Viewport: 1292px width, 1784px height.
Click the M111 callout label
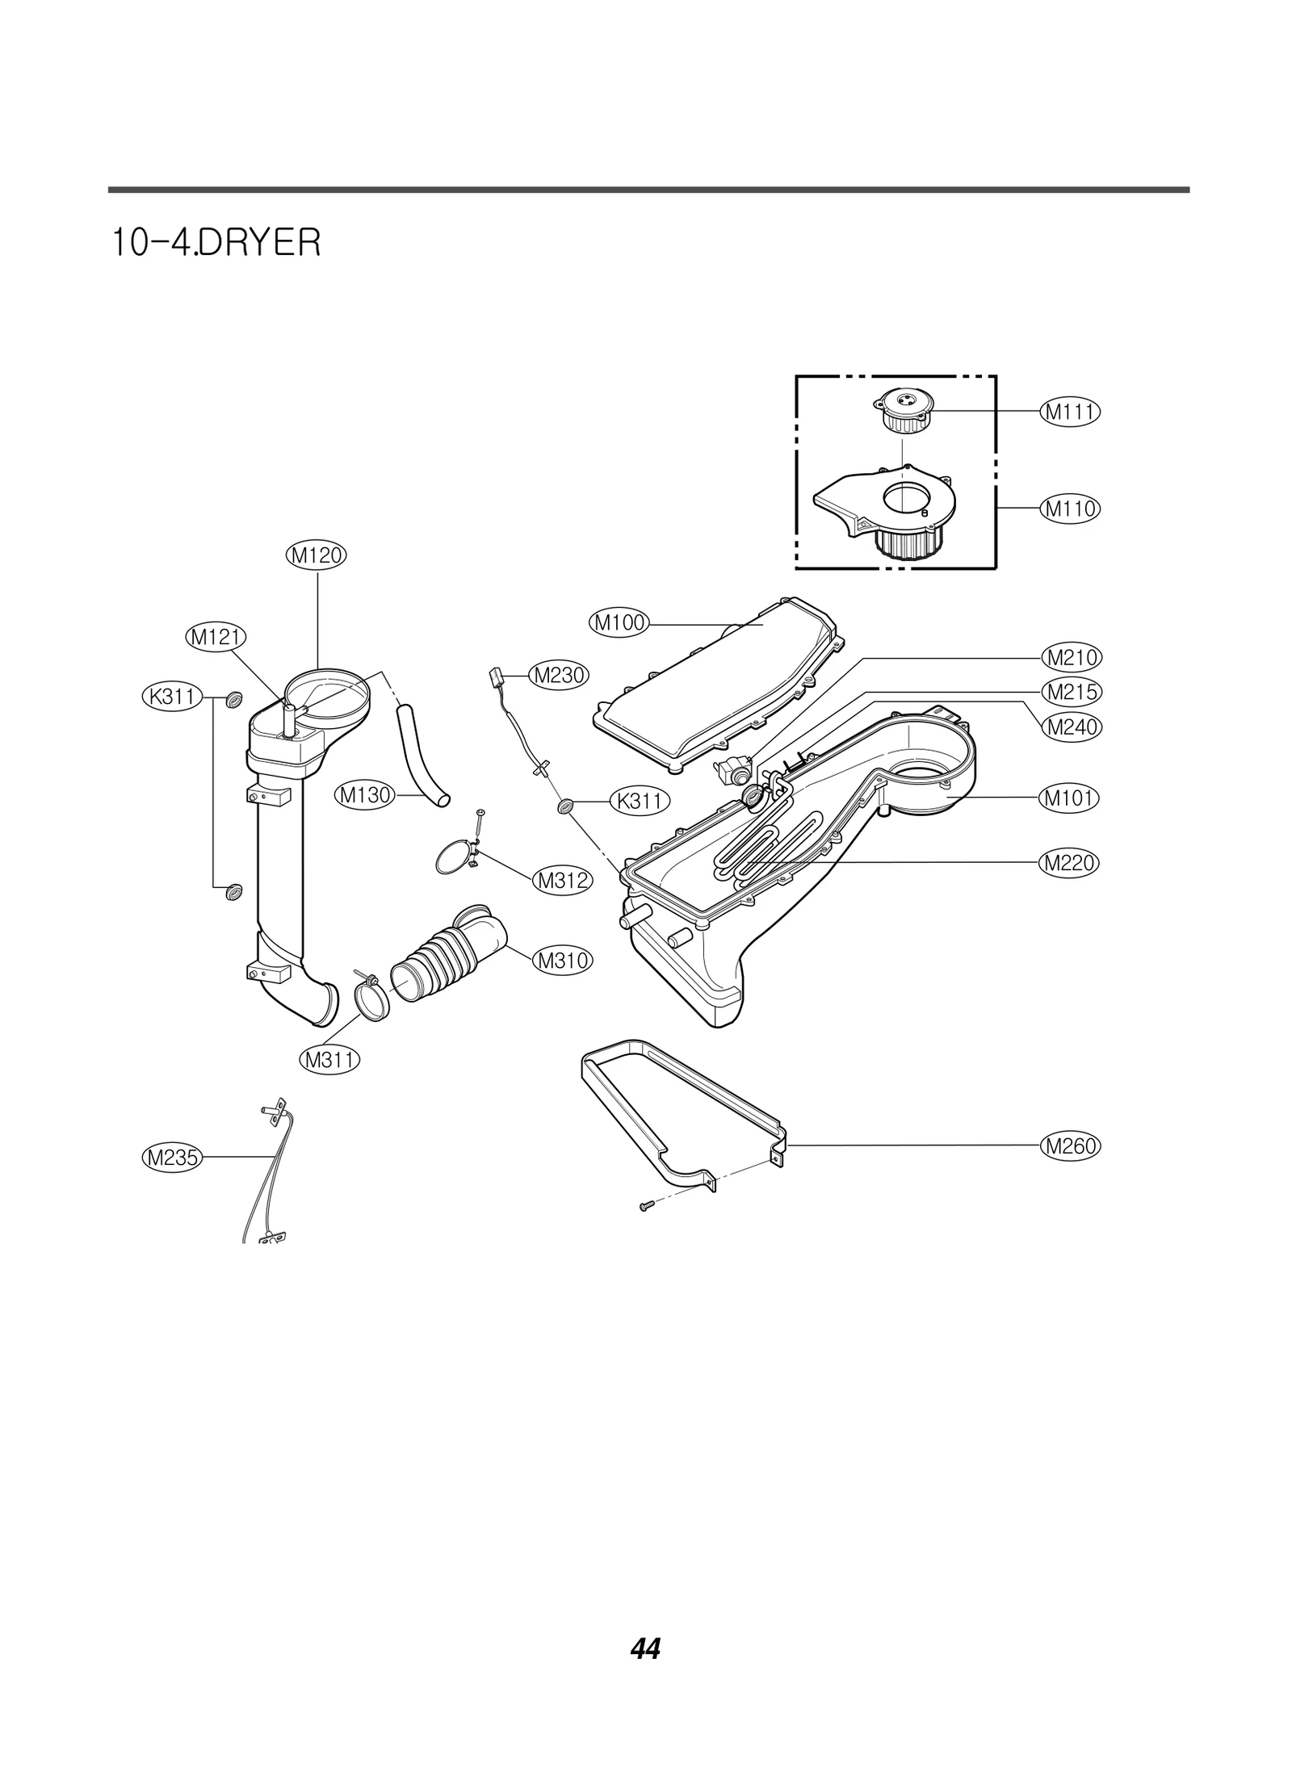[x=1070, y=412]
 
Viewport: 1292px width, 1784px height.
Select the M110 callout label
[x=1070, y=509]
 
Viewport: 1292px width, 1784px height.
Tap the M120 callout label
[x=317, y=555]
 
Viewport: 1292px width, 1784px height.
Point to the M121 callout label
[x=216, y=637]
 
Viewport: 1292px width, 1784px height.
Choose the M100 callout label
[x=619, y=623]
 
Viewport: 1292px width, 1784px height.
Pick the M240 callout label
[x=1070, y=727]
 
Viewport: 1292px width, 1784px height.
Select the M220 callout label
[x=1070, y=863]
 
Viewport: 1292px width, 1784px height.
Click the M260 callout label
[x=1070, y=1145]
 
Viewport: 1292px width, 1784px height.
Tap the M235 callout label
[x=171, y=1158]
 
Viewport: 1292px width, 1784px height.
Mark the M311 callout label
[x=329, y=1058]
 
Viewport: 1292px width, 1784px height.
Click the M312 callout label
[x=562, y=881]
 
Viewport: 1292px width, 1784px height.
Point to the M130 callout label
[x=364, y=795]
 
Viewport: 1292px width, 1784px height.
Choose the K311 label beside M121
[x=172, y=697]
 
